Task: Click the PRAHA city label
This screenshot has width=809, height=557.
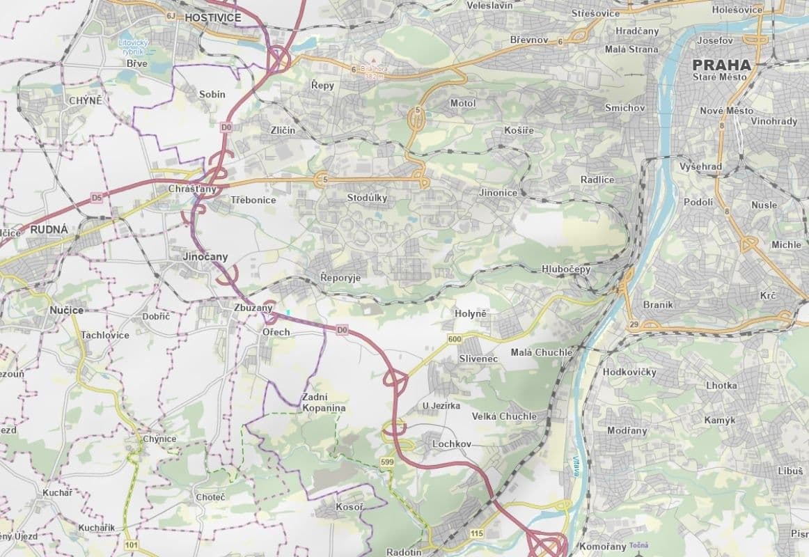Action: pyautogui.click(x=721, y=65)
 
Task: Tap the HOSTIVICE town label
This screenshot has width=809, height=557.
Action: pyautogui.click(x=212, y=17)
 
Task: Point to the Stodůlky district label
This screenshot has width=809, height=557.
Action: pyautogui.click(x=367, y=198)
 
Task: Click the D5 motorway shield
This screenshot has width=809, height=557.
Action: pyautogui.click(x=97, y=198)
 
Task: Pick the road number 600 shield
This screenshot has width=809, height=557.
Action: pyautogui.click(x=455, y=339)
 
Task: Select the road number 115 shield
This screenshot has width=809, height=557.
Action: pyautogui.click(x=476, y=533)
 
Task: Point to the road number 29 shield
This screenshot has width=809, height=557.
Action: pyautogui.click(x=633, y=324)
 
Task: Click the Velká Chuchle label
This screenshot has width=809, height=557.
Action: pyautogui.click(x=504, y=416)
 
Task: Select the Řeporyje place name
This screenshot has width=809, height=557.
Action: pyautogui.click(x=340, y=277)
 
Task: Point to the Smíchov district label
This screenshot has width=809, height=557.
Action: pyautogui.click(x=625, y=108)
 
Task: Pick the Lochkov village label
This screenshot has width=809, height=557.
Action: pyautogui.click(x=452, y=444)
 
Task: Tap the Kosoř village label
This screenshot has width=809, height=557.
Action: pyautogui.click(x=349, y=507)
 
